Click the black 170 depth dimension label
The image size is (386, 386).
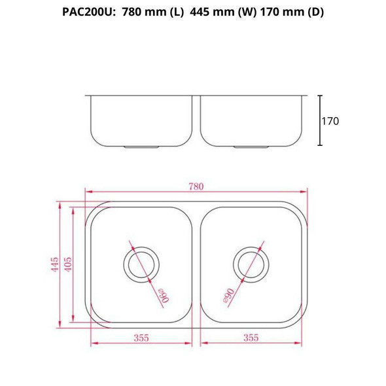[330, 121]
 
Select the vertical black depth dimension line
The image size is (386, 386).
[320, 121]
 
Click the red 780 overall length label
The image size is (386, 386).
[196, 186]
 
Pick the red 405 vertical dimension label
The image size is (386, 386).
[68, 264]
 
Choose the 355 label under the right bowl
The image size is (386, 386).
[251, 338]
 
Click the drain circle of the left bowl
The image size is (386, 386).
[140, 264]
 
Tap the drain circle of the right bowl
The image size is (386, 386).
[251, 264]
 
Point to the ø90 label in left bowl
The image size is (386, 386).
[163, 295]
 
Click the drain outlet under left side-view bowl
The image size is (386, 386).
[141, 147]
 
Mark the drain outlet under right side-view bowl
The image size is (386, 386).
[251, 147]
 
